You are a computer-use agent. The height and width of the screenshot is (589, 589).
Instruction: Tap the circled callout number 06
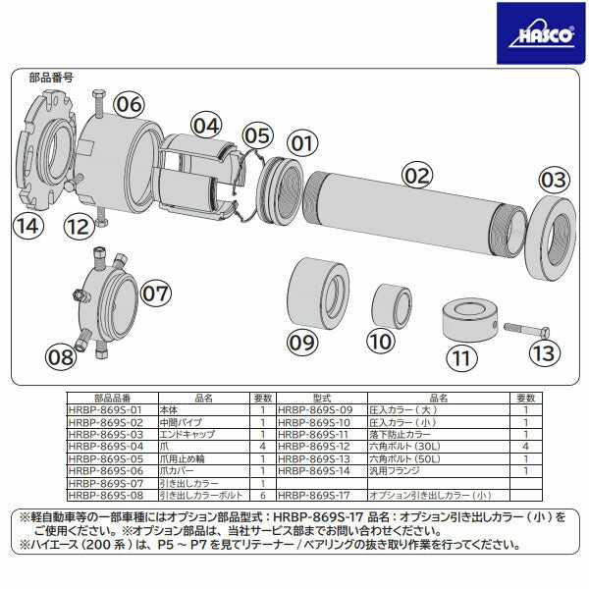coord(129,104)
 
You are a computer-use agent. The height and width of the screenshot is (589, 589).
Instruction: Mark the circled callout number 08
coord(61,356)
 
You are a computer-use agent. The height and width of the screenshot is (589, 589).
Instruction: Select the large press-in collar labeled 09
coord(316,294)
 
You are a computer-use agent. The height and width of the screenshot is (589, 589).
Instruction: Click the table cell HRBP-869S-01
coord(104,409)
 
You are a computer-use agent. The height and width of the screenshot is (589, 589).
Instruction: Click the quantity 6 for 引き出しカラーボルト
coord(262,495)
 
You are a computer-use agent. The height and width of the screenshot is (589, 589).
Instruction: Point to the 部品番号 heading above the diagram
coord(51,76)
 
